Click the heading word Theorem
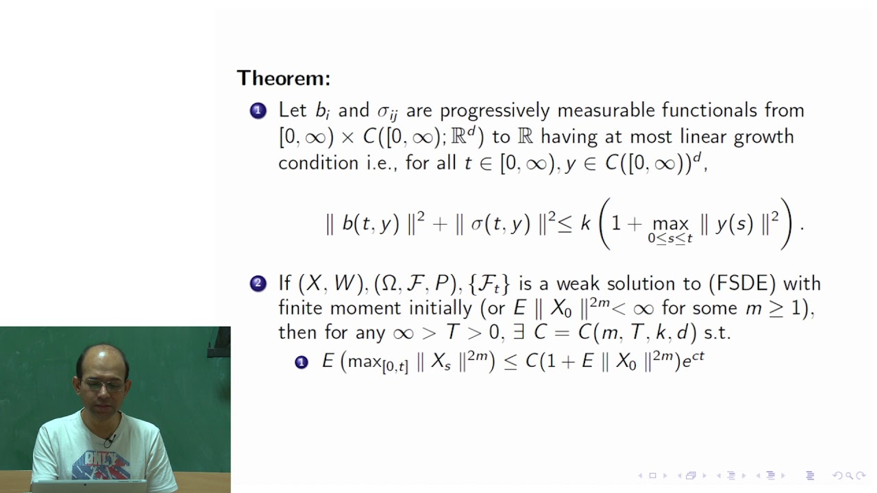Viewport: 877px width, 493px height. point(283,78)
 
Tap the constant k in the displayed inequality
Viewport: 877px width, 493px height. point(585,223)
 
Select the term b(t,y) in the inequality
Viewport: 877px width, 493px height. point(370,224)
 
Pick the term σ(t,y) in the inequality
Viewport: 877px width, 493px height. point(499,224)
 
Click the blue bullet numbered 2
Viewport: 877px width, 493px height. point(258,283)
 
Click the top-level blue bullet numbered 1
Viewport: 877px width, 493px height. point(258,111)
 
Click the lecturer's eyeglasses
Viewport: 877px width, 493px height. point(103,385)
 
